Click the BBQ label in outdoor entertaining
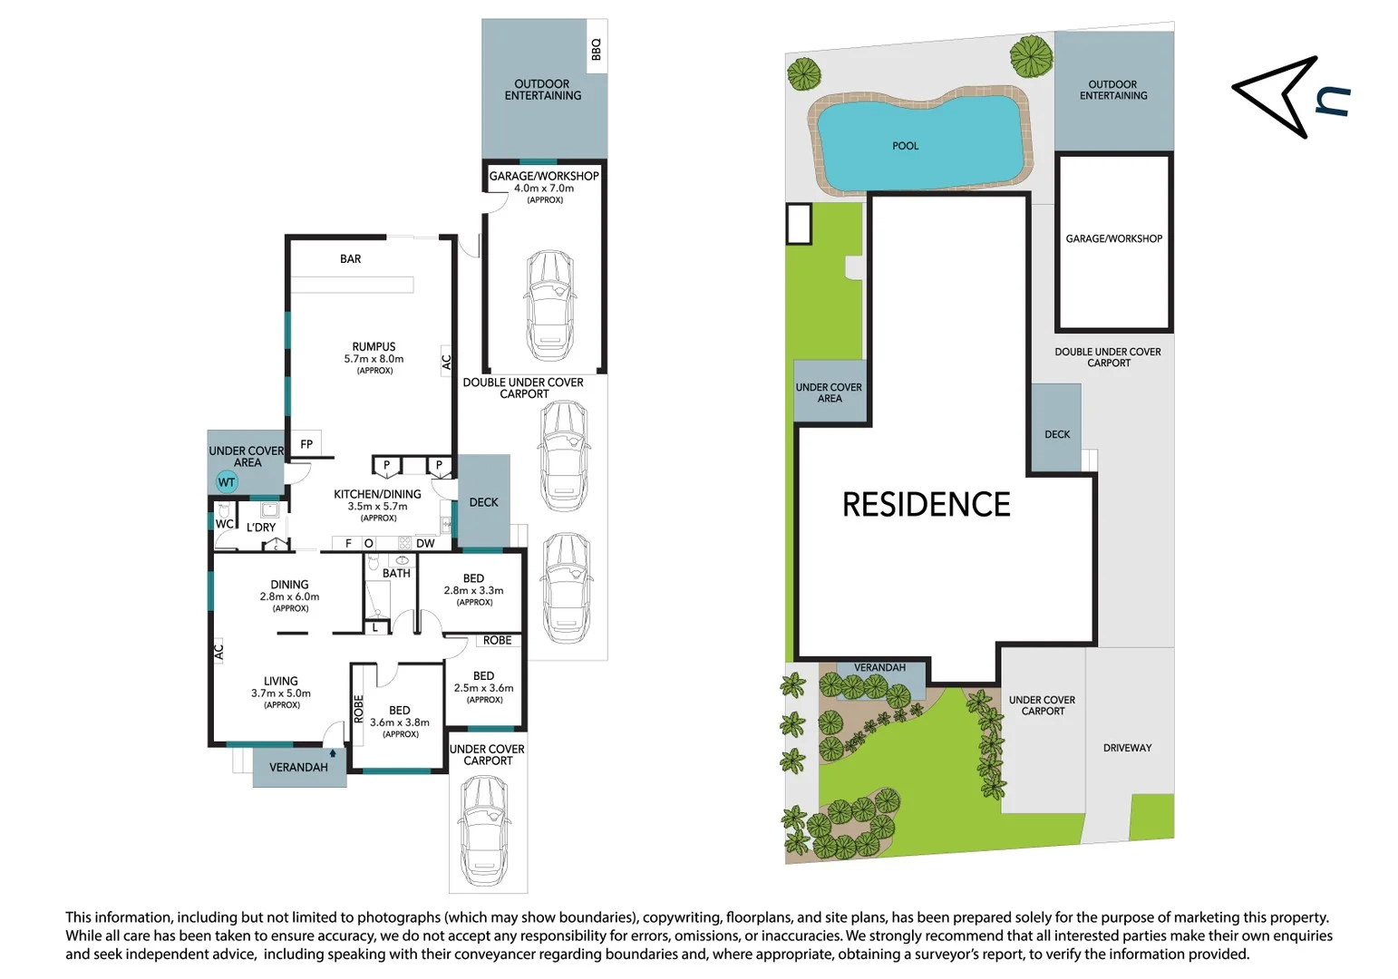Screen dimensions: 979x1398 (596, 49)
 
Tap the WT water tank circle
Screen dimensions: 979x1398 (227, 482)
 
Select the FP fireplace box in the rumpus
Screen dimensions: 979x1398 (306, 444)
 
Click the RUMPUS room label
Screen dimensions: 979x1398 (374, 346)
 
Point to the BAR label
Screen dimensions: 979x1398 (351, 259)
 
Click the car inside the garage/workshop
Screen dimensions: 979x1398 (549, 305)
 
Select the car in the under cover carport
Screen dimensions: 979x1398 (488, 830)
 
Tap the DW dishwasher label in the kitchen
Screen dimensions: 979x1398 (425, 544)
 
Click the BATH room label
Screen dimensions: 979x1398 (396, 574)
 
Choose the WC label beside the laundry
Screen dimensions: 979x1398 (224, 524)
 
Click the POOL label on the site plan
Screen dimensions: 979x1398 (905, 146)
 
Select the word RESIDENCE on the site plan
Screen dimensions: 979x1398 (926, 505)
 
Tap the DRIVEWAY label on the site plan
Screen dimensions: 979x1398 (1127, 748)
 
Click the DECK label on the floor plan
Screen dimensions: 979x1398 (483, 502)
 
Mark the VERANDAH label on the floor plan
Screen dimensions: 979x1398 (298, 768)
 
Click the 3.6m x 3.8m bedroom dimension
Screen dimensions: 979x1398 (400, 722)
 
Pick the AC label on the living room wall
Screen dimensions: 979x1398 (218, 651)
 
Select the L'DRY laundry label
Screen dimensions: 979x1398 (261, 528)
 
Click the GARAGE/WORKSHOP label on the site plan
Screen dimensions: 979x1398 (1113, 239)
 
